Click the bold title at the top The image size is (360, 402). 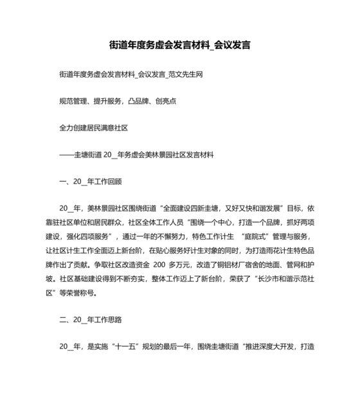pos(179,46)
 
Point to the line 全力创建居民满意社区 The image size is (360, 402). pos(93,128)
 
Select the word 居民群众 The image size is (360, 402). pos(127,223)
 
